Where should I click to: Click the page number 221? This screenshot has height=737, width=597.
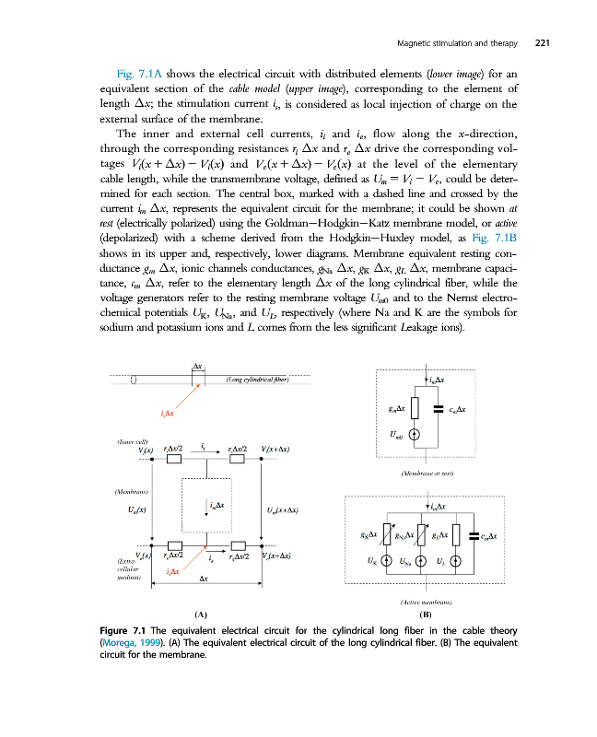pos(542,41)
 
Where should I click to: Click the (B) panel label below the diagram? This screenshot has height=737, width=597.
pos(426,613)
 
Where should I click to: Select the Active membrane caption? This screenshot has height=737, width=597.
pos(425,599)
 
